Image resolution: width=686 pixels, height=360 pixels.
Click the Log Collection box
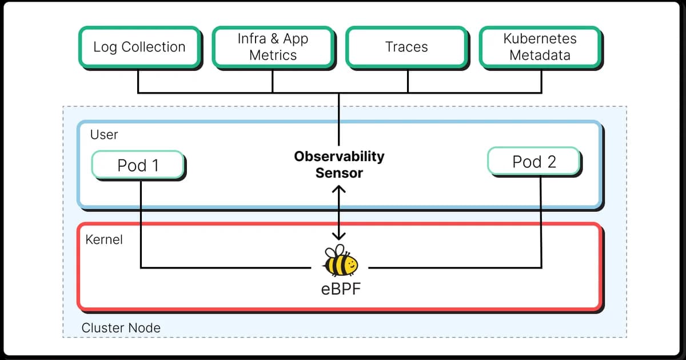(x=139, y=47)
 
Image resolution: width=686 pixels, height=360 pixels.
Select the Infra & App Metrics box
(x=273, y=47)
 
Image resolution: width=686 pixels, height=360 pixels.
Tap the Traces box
(x=406, y=47)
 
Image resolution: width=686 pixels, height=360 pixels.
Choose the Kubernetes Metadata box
(x=540, y=47)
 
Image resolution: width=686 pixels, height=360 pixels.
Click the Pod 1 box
(x=138, y=165)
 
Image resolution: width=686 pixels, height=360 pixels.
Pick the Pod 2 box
(x=533, y=162)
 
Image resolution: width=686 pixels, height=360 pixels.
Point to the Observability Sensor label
(x=339, y=164)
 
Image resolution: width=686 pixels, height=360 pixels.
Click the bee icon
(x=340, y=262)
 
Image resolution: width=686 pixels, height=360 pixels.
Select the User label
(x=104, y=135)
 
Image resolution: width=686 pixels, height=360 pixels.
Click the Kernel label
(x=104, y=239)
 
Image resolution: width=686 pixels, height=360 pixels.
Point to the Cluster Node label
(x=121, y=328)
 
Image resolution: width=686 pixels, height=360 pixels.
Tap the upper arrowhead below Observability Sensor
(x=340, y=189)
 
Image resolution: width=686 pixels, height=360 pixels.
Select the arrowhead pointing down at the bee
(x=340, y=235)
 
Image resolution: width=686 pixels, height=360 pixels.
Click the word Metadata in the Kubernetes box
(x=540, y=55)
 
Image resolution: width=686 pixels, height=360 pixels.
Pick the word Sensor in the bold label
(x=339, y=173)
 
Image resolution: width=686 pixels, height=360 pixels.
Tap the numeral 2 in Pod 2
(x=550, y=162)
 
